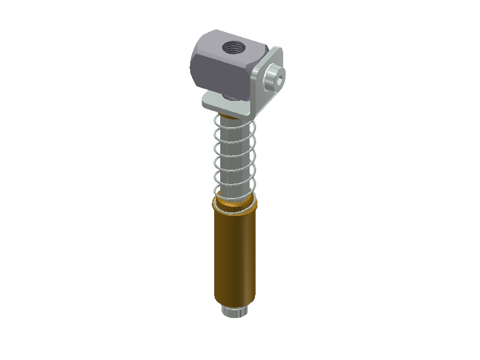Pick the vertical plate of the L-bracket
(265, 90)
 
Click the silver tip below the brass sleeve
(235, 311)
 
